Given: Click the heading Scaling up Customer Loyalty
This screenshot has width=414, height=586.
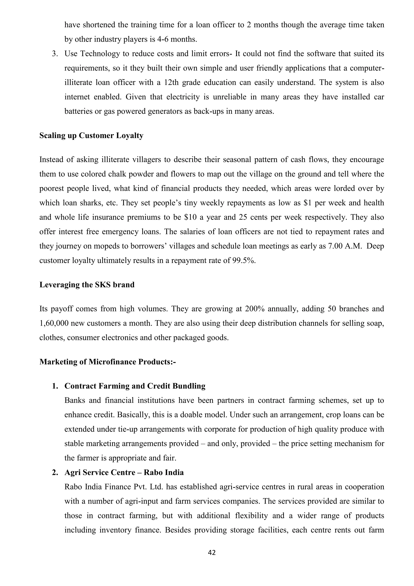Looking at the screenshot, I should pos(91,136).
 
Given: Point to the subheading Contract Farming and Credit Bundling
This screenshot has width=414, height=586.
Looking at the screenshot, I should pos(135,386).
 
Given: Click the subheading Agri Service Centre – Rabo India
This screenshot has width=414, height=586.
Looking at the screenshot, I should pos(124,472).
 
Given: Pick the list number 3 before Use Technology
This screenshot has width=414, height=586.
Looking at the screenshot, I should pos(54,54).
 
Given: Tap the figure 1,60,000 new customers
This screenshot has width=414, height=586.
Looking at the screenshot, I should pos(54,323).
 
